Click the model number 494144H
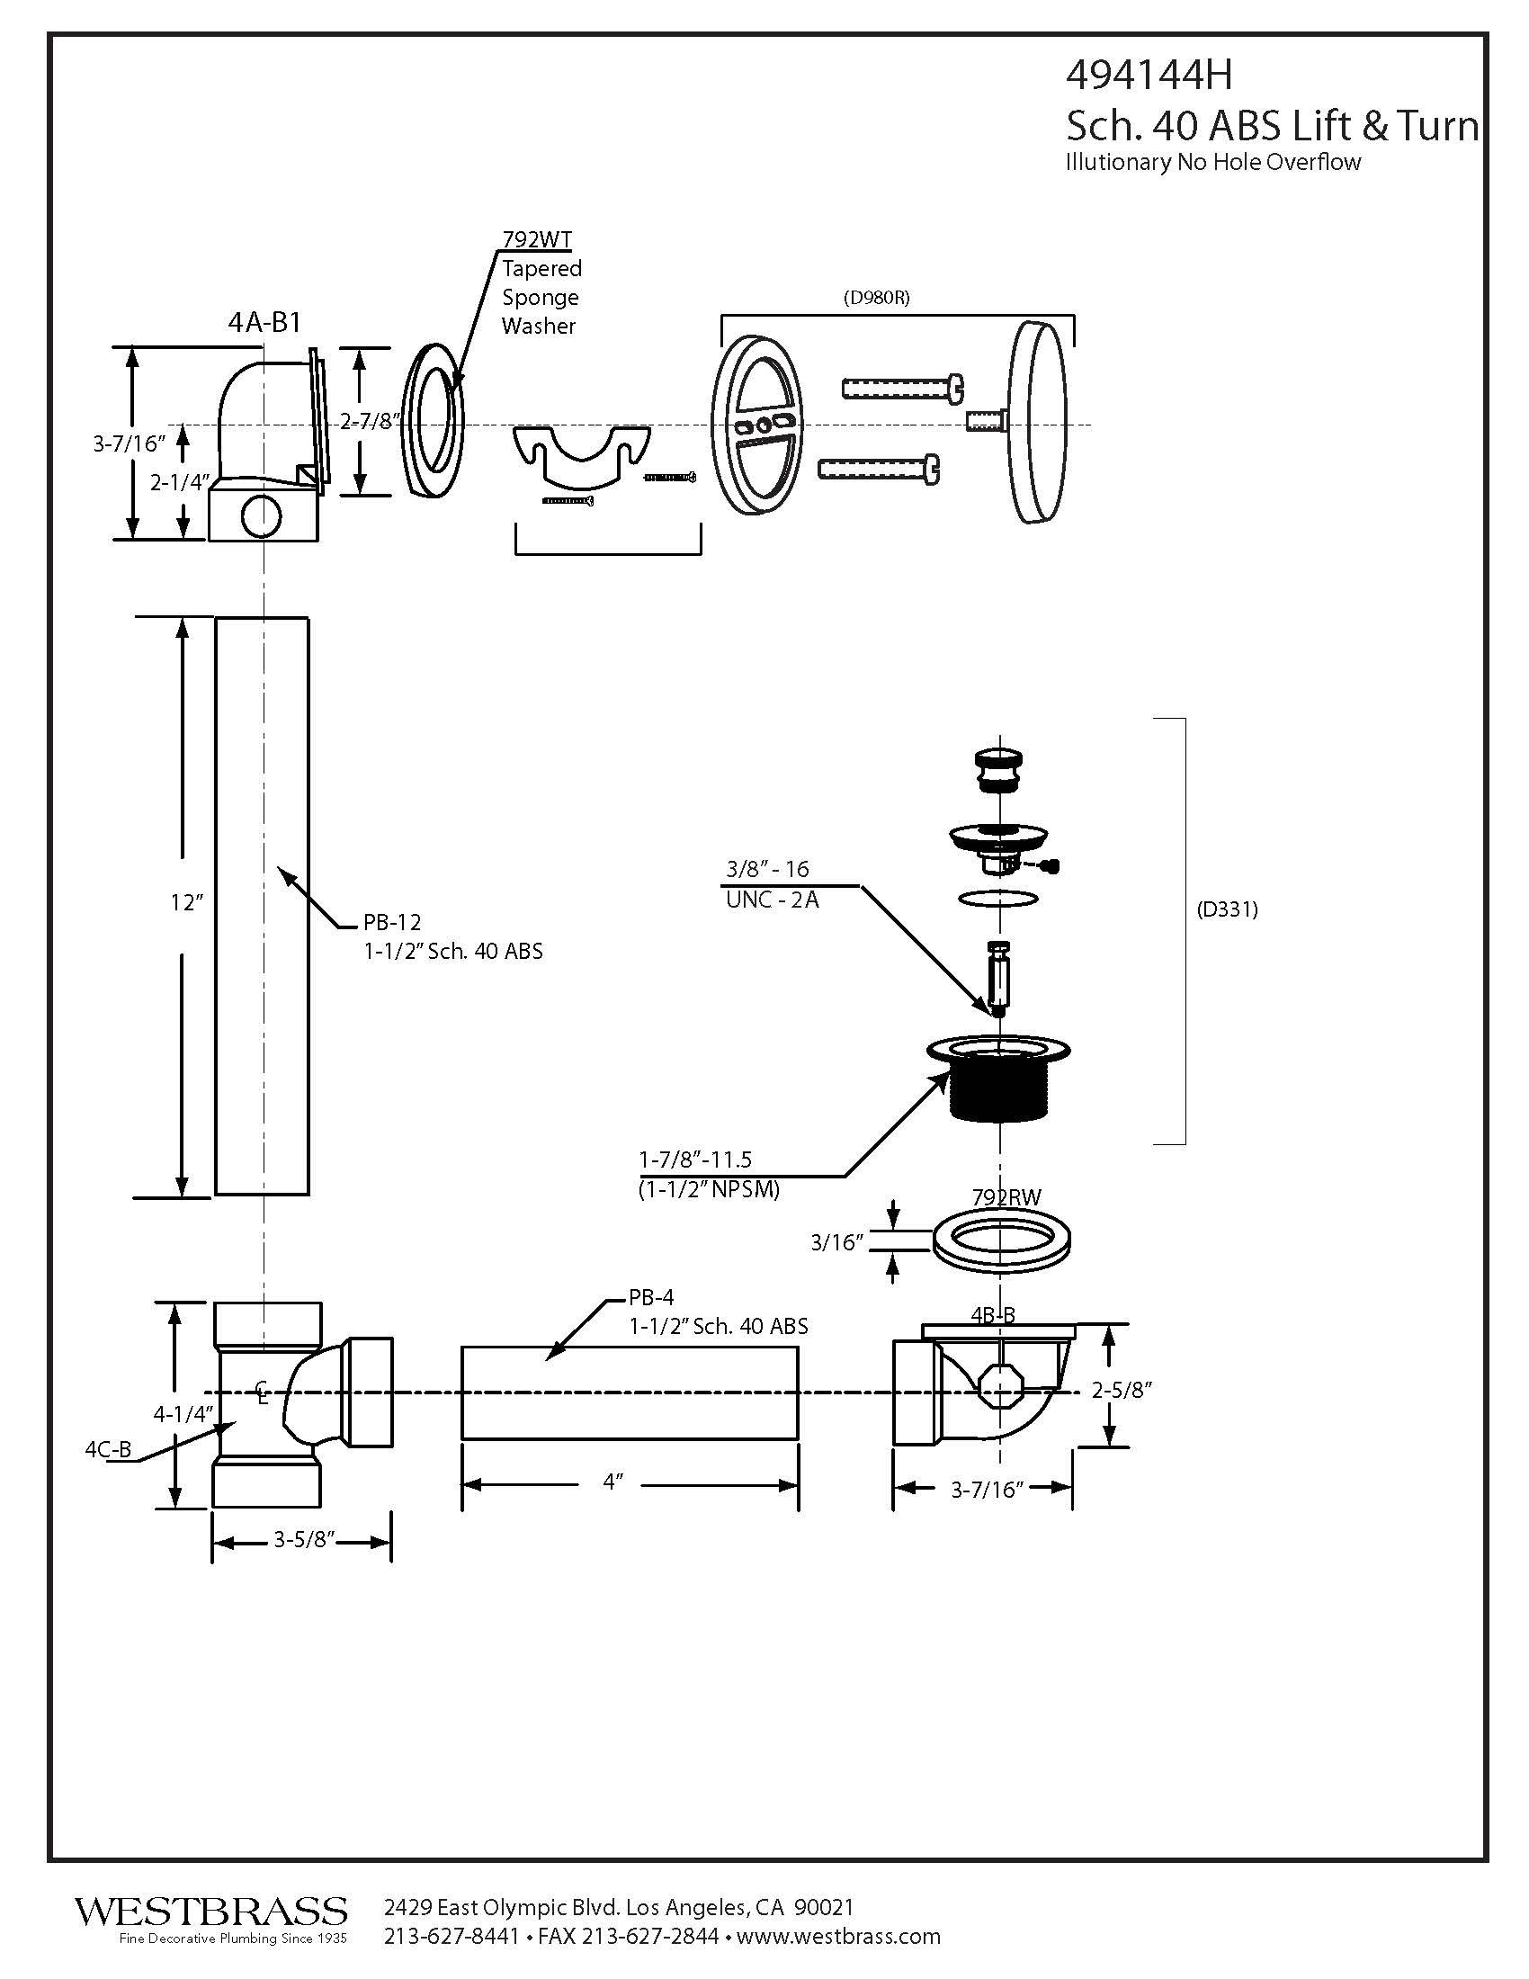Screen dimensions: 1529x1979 coord(1149,76)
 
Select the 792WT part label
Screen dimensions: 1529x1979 coord(537,239)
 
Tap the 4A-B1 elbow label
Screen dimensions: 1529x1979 coord(264,323)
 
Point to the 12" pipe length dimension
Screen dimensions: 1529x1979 coord(186,902)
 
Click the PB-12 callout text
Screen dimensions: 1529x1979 coord(392,922)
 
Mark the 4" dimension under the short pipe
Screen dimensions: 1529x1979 coord(614,1482)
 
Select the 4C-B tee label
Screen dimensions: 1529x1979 coord(108,1450)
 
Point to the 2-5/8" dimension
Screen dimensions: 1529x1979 coord(1122,1390)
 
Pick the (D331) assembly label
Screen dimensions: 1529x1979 coord(1228,910)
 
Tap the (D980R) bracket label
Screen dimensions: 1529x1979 coord(876,297)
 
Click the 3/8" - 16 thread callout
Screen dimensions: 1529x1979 coord(767,869)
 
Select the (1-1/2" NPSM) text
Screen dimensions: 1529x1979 coord(710,1189)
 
